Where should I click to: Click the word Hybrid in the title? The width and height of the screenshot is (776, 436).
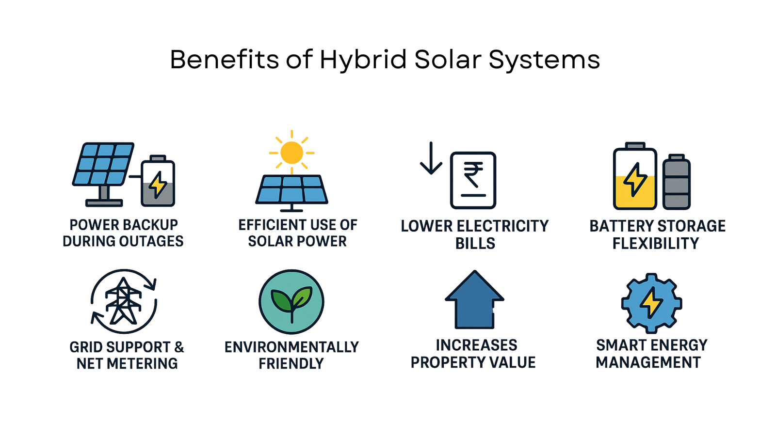pos(363,61)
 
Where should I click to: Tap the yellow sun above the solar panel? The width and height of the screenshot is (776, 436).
pos(291,153)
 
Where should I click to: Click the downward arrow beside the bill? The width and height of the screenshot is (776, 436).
pos(431,158)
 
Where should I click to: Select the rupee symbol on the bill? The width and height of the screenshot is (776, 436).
pos(473,175)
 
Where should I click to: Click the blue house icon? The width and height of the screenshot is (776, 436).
pos(475,300)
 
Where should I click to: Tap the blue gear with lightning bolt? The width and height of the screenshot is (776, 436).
pos(652,303)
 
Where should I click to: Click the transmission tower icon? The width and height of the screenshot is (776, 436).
pos(123,301)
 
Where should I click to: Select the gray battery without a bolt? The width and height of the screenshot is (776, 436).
pos(677,182)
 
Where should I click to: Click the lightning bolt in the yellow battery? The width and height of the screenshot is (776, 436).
pos(635,180)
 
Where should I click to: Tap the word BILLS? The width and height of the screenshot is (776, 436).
pos(475,244)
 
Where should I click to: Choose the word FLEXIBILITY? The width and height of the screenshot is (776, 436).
pos(656,244)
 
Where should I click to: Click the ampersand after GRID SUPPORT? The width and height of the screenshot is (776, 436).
pos(179,347)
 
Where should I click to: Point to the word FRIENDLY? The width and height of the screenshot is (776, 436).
pos(291,364)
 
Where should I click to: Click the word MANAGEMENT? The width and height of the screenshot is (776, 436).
pos(648,363)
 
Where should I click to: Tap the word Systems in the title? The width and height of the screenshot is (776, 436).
pos(544,61)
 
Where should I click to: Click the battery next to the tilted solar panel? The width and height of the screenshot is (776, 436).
pos(158,181)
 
